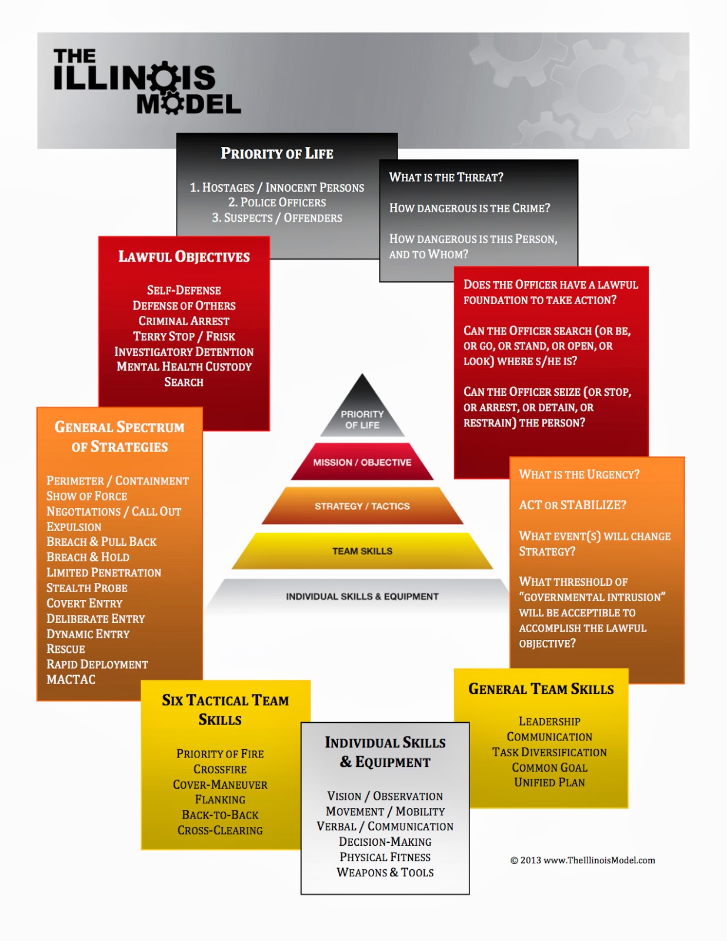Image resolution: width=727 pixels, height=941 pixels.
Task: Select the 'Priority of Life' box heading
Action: pos(276,154)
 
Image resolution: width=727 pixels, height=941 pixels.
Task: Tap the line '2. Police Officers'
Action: pos(276,202)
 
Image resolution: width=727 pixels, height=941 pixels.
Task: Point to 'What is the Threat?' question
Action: pos(446,177)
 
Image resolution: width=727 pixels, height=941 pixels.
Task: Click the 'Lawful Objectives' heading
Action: pos(184,256)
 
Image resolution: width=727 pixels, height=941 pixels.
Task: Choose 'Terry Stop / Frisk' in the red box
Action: pos(184,336)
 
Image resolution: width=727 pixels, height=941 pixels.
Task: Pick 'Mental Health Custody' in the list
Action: pos(184,367)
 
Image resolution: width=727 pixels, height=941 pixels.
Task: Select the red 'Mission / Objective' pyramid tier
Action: pos(362,462)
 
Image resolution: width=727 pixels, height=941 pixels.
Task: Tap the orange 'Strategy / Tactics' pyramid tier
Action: pos(362,506)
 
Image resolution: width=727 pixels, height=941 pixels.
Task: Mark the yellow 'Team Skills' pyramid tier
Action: pos(362,551)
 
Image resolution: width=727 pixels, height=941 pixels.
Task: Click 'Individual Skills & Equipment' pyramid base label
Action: pos(362,596)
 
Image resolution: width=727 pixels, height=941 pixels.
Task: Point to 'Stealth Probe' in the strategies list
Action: pos(87,588)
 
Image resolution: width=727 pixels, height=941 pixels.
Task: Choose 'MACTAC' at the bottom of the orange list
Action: pos(71,680)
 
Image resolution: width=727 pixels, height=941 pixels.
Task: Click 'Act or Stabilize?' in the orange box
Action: pos(572,505)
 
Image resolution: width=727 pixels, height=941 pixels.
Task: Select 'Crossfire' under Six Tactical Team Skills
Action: pos(220,769)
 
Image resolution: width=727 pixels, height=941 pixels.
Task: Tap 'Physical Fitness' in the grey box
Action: pos(385,857)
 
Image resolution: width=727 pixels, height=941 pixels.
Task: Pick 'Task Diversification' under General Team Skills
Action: pos(549,752)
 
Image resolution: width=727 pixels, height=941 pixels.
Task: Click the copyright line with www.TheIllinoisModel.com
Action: pos(582,860)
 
